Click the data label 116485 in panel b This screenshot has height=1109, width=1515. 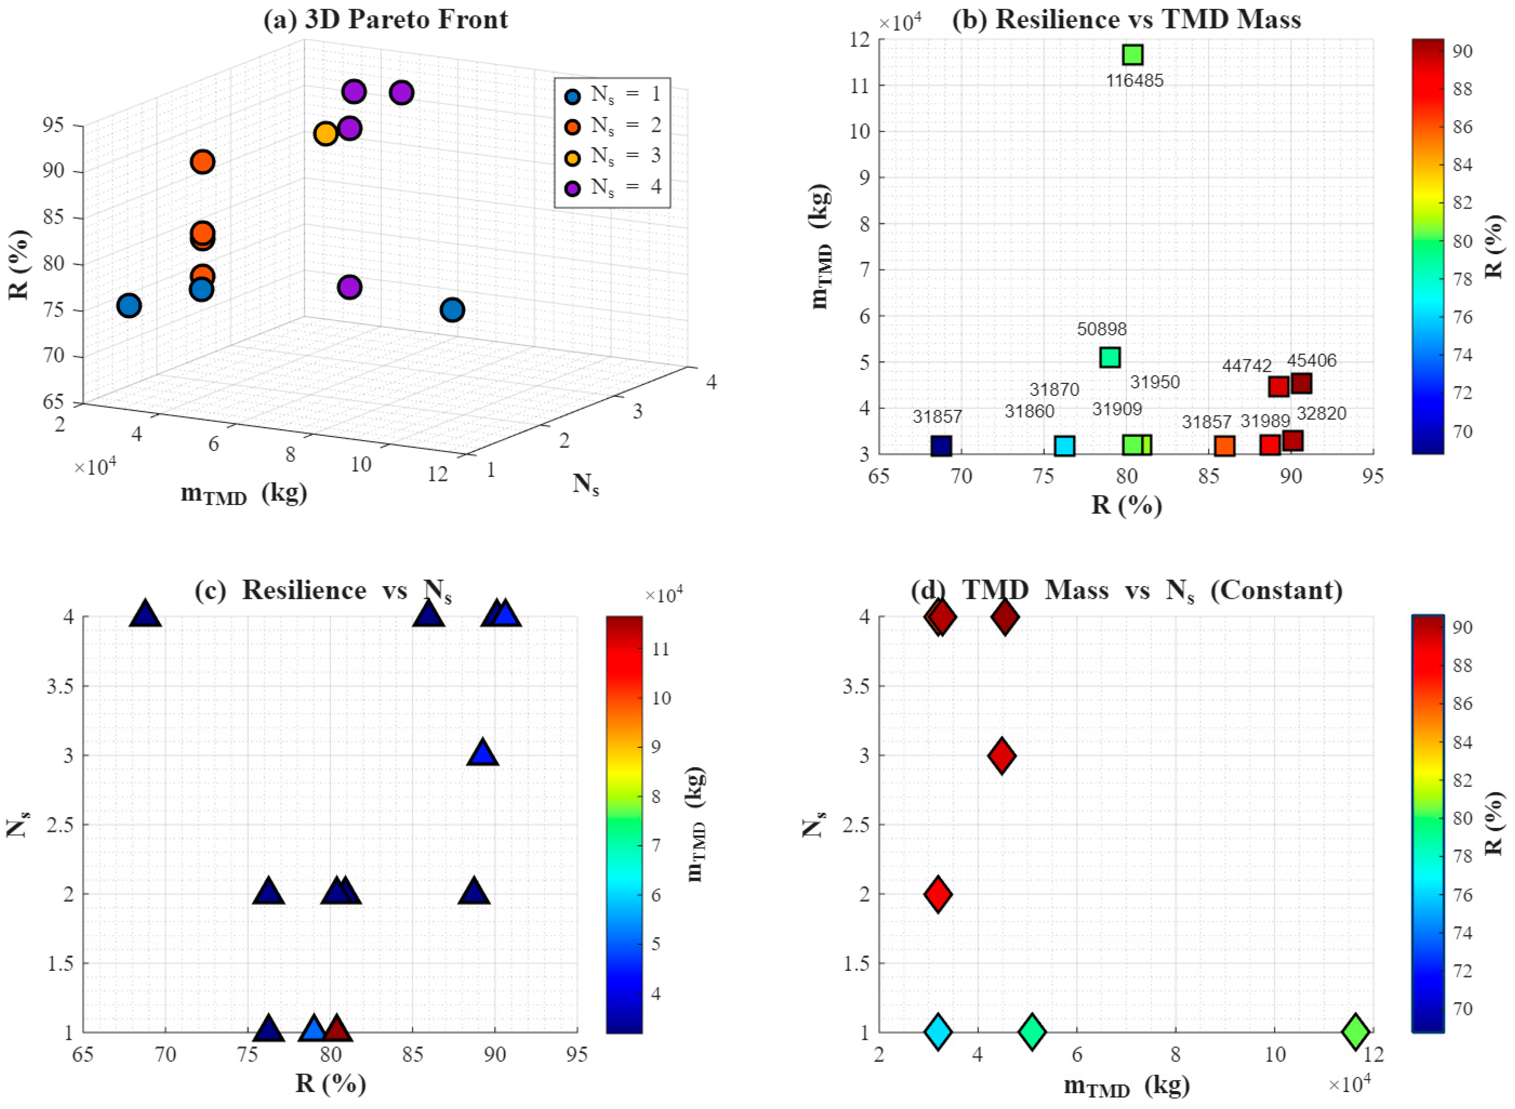[x=1134, y=81]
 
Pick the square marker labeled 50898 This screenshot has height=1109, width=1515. [x=1110, y=357]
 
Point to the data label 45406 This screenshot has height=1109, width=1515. [x=1312, y=361]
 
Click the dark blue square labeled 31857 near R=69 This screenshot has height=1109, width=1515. [x=941, y=446]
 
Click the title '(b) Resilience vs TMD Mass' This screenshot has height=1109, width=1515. [x=1127, y=19]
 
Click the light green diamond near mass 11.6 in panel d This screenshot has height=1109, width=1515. [x=1355, y=1032]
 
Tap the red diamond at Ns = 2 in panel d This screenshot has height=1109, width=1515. [x=938, y=893]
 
